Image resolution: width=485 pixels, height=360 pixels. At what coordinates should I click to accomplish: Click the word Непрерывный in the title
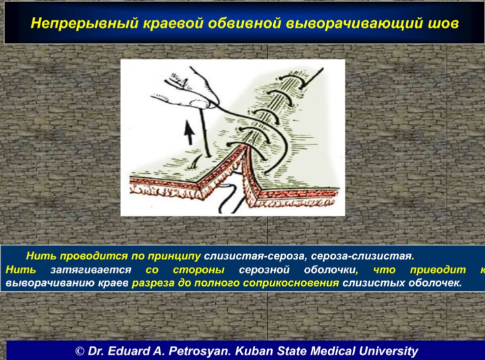pyautogui.click(x=84, y=24)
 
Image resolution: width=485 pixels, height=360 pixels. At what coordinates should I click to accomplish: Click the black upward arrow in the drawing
pyautogui.click(x=190, y=133)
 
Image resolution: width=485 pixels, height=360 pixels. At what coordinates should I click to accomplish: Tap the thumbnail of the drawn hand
pyautogui.click(x=198, y=103)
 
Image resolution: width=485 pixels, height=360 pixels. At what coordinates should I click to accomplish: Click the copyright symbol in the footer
pyautogui.click(x=80, y=351)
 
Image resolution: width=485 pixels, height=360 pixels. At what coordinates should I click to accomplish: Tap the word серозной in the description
pyautogui.click(x=264, y=270)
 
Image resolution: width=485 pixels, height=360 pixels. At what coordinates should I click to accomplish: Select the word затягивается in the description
pyautogui.click(x=90, y=270)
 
